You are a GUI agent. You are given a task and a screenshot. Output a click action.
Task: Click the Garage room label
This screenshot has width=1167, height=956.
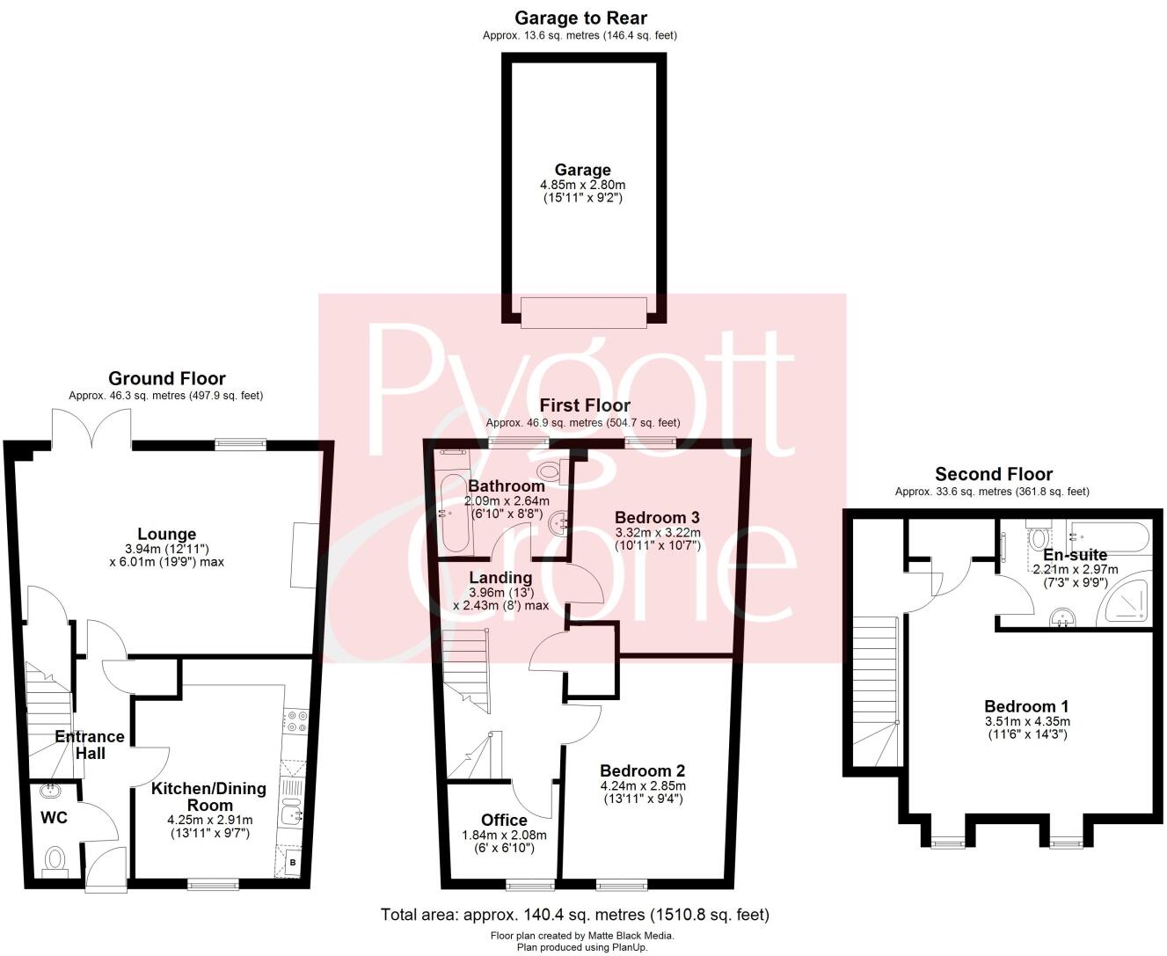(582, 170)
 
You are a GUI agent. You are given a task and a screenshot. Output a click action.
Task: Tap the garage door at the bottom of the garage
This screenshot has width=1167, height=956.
(583, 312)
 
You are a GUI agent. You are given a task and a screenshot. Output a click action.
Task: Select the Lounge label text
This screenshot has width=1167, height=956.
(166, 534)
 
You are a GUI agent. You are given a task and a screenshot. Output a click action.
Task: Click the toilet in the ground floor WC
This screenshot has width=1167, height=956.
(55, 858)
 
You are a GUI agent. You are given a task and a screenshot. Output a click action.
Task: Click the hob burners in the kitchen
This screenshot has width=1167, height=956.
(295, 721)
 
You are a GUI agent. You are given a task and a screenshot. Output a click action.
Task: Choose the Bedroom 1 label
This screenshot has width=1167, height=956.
(1026, 706)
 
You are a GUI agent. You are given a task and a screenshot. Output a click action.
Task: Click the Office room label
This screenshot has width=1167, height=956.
(504, 820)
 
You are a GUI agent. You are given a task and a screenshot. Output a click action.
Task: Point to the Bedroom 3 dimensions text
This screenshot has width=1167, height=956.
(657, 538)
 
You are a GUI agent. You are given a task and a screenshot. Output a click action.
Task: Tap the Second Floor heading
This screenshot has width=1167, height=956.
(994, 474)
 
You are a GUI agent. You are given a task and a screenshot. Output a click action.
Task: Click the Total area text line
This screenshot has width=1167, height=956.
(574, 915)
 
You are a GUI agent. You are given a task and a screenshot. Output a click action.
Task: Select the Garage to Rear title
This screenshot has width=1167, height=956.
(580, 18)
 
